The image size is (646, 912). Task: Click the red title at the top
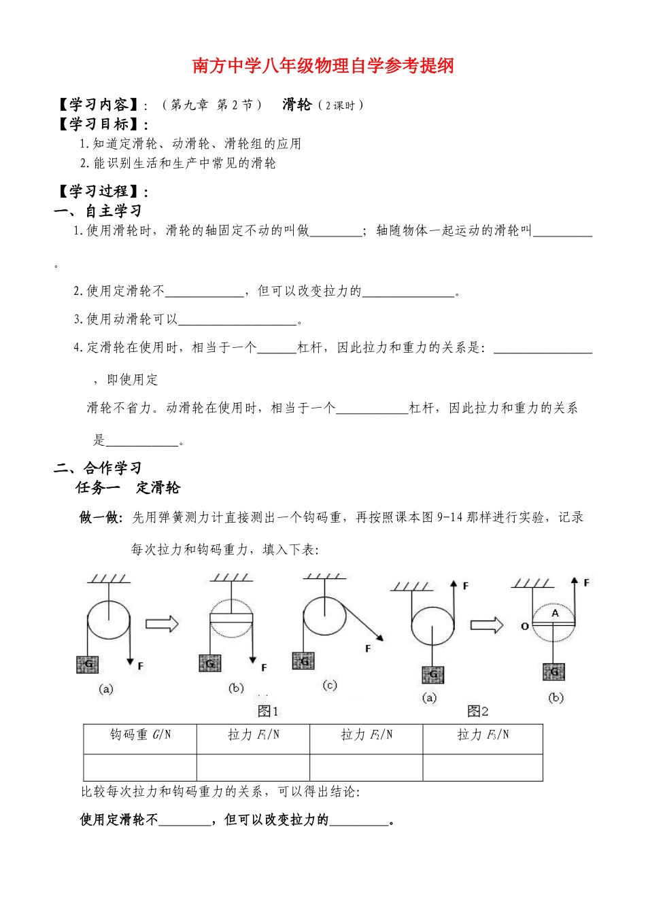click(x=323, y=66)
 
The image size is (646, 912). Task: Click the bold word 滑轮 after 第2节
click(x=297, y=105)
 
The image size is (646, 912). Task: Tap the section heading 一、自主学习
click(x=98, y=211)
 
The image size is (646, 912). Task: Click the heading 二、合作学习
click(x=98, y=468)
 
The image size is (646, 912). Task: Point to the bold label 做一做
click(x=101, y=518)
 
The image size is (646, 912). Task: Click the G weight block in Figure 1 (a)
click(x=87, y=665)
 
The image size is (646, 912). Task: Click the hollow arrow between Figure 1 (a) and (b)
click(x=162, y=623)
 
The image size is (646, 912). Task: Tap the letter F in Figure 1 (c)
click(x=368, y=649)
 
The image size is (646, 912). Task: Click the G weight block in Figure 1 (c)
click(x=303, y=661)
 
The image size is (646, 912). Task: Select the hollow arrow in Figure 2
click(x=487, y=625)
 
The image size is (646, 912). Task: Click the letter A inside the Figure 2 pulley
click(x=555, y=613)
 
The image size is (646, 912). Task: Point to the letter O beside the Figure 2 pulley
click(x=524, y=626)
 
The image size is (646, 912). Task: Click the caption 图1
click(x=268, y=711)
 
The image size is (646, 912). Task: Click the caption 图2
click(x=477, y=711)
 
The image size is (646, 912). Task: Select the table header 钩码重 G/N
click(x=140, y=735)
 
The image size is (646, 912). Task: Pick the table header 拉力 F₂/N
click(x=366, y=735)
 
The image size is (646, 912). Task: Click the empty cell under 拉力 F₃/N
click(x=482, y=767)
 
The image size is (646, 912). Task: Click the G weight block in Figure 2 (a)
click(x=432, y=675)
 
